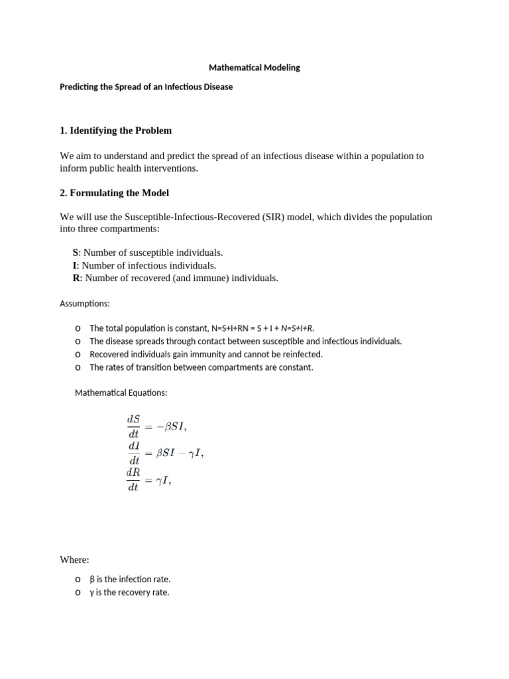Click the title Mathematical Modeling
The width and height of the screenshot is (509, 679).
(x=254, y=68)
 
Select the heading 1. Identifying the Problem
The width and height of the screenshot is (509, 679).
(x=115, y=131)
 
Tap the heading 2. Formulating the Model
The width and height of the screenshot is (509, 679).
(x=114, y=193)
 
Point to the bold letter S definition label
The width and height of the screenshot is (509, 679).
(x=76, y=253)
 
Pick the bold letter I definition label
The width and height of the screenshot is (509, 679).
(x=75, y=265)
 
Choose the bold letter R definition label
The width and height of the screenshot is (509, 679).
(x=76, y=278)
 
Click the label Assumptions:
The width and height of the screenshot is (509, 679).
(x=85, y=304)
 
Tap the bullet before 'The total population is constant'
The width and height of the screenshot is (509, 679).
(x=78, y=328)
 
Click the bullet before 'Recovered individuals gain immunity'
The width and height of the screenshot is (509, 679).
(x=78, y=354)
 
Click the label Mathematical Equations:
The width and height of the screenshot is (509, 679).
(x=121, y=393)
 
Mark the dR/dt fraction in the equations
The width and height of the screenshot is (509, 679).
(x=133, y=480)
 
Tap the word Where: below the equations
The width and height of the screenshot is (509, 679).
(x=74, y=560)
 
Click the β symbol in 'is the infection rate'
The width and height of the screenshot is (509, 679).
(x=92, y=580)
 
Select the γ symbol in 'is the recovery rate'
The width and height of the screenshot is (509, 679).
(x=91, y=593)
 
